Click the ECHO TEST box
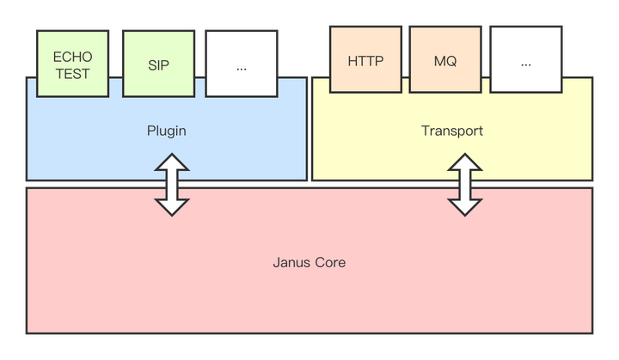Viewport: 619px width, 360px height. [x=72, y=64]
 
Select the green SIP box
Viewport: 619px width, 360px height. [x=158, y=64]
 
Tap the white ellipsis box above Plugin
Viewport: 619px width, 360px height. [x=242, y=64]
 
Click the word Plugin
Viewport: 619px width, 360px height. [x=167, y=131]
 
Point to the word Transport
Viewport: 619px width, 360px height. [x=451, y=131]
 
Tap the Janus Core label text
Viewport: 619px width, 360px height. [x=309, y=262]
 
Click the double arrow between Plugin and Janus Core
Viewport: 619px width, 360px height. [x=172, y=185]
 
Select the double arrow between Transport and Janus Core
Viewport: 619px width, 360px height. [x=465, y=185]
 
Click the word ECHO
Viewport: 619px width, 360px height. [x=72, y=57]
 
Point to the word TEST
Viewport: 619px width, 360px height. [x=72, y=73]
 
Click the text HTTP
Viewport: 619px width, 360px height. [x=365, y=62]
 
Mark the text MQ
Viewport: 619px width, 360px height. [x=445, y=62]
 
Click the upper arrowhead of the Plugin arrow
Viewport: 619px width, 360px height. [x=172, y=162]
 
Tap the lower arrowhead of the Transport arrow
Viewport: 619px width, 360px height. [x=465, y=207]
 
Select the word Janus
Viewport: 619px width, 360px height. [x=292, y=262]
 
